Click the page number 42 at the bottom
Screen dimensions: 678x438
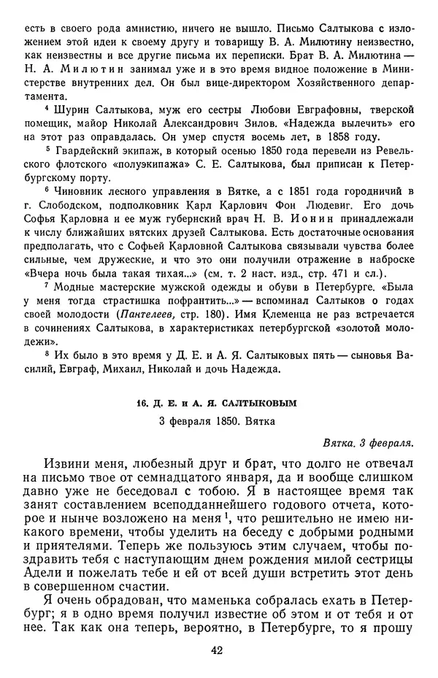click(x=219, y=650)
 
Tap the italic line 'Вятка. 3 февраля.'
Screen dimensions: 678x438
click(x=370, y=442)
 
